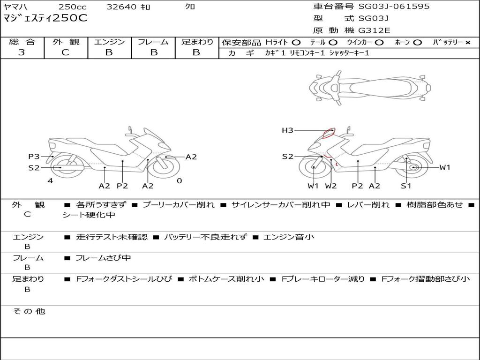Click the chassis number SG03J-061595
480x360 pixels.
(x=394, y=6)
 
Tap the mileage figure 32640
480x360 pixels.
(x=121, y=7)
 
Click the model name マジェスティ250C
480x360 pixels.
(x=45, y=18)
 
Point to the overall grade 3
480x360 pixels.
(x=22, y=52)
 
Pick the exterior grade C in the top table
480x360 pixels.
(x=65, y=52)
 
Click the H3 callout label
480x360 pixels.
(x=287, y=130)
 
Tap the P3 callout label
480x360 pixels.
(x=34, y=157)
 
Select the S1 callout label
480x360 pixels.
(x=406, y=186)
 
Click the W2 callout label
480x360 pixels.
(x=330, y=186)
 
